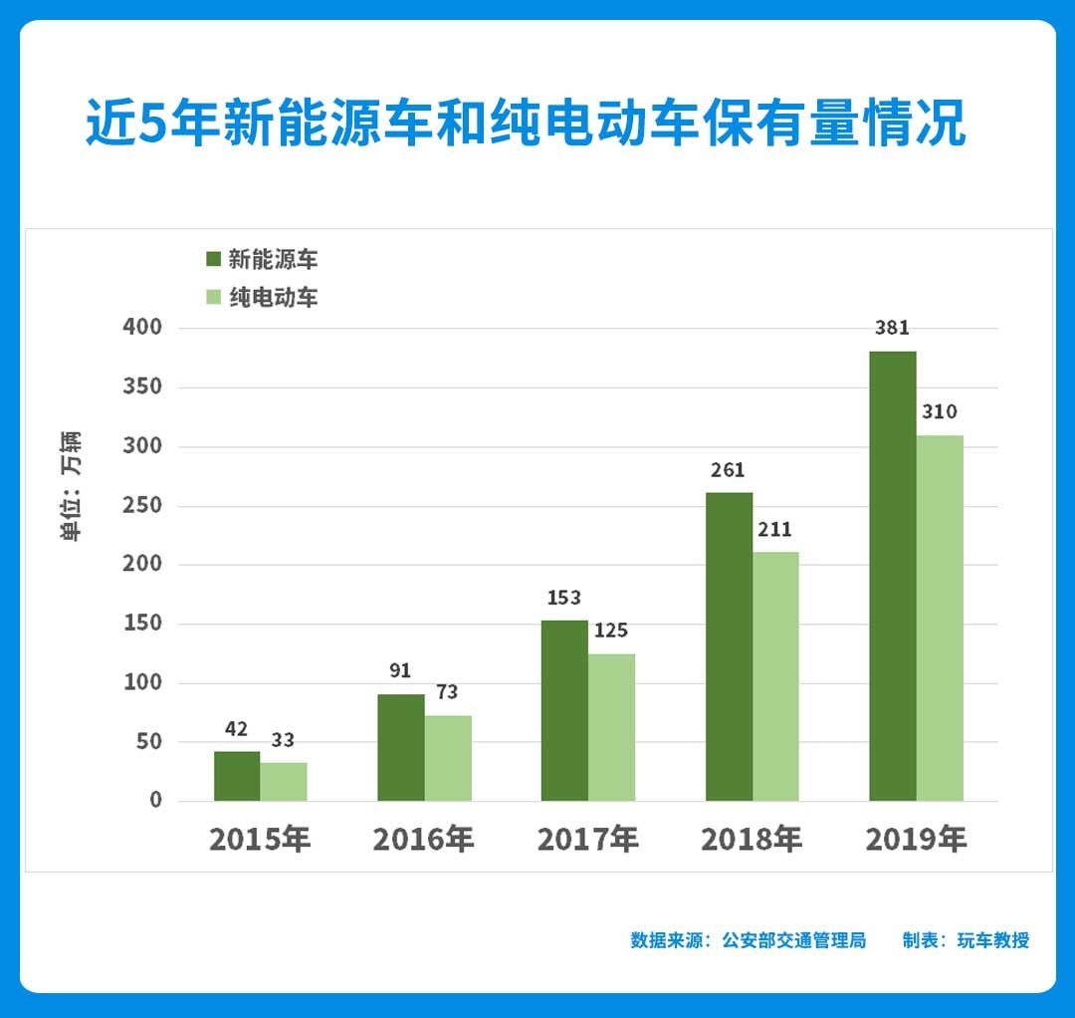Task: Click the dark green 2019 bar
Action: coord(892,576)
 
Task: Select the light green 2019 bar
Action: coord(940,618)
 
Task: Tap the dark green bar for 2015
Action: coord(237,776)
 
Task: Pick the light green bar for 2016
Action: coord(448,758)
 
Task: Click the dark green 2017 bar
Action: coord(564,710)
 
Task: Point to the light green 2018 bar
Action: coord(775,676)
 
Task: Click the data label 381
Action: coord(892,328)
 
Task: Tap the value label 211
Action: coord(775,529)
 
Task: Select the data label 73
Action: coord(447,692)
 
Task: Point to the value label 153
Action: coord(564,598)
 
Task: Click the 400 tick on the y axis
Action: coord(142,328)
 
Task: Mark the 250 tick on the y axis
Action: coord(142,506)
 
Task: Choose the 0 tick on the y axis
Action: coord(155,801)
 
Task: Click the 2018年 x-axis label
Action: coord(752,840)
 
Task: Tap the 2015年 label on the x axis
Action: coord(260,840)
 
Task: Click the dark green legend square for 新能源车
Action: coord(213,261)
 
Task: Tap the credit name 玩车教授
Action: coord(993,940)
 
